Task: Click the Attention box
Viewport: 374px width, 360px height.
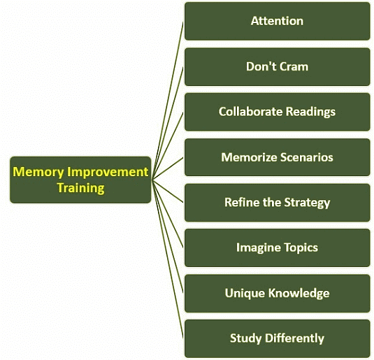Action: [277, 21]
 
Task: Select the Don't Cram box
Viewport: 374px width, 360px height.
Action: [277, 66]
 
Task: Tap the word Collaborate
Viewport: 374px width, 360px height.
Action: [246, 112]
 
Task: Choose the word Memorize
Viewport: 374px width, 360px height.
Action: [247, 157]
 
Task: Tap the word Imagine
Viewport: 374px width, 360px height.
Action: [256, 247]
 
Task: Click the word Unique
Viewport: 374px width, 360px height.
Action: [245, 293]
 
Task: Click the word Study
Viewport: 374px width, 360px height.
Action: [245, 338]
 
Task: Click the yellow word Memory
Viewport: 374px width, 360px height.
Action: [38, 172]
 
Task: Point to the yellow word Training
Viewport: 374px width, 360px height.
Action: [80, 188]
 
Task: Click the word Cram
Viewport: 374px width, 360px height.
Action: [294, 66]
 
